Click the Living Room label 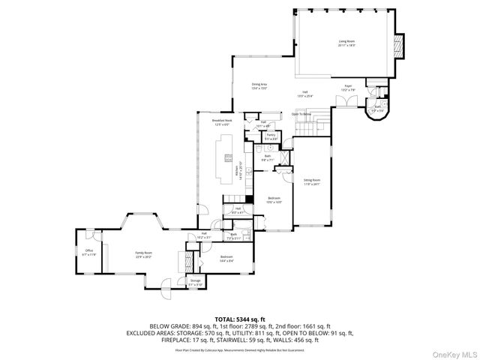pyautogui.click(x=346, y=43)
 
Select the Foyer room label pyautogui.click(x=348, y=87)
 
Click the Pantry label pyautogui.click(x=271, y=136)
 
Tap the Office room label pyautogui.click(x=88, y=252)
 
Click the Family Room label pyautogui.click(x=143, y=255)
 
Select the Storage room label pyautogui.click(x=195, y=283)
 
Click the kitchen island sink pyautogui.click(x=226, y=160)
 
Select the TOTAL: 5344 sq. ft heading pyautogui.click(x=240, y=318)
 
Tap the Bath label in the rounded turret pyautogui.click(x=378, y=108)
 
